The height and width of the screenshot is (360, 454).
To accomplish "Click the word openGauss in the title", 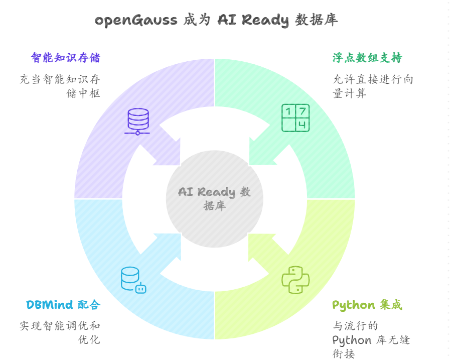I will click(x=135, y=20).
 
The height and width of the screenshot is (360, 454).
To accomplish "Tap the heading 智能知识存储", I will click(x=65, y=58).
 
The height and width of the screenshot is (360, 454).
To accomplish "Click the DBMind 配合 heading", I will click(x=63, y=305).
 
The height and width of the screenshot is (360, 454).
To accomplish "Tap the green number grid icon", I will click(x=295, y=118).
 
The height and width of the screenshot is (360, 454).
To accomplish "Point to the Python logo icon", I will click(x=295, y=280).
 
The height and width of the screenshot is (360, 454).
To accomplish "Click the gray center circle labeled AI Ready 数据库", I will click(x=215, y=199).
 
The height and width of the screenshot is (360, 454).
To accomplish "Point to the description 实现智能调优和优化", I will click(x=60, y=332).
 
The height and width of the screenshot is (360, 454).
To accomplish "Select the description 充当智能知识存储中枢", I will click(x=60, y=86).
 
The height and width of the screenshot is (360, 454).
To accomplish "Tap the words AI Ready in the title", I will click(x=253, y=20).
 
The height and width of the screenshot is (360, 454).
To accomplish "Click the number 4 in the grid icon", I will click(x=302, y=125).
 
